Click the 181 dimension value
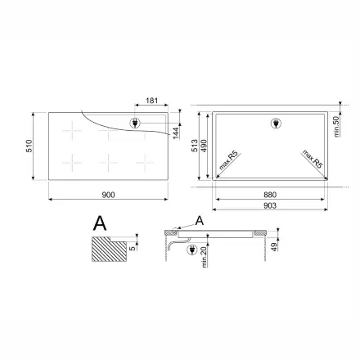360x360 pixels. [x=151, y=101]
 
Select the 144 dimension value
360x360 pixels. [x=176, y=133]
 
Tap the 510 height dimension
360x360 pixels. [x=29, y=146]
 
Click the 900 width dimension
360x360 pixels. [x=108, y=195]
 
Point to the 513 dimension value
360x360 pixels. [x=194, y=146]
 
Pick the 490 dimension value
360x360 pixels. [x=204, y=146]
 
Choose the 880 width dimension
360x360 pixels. [x=270, y=195]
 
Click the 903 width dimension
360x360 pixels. [x=270, y=205]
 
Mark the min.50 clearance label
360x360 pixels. [x=336, y=127]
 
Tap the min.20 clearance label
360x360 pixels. [x=205, y=256]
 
